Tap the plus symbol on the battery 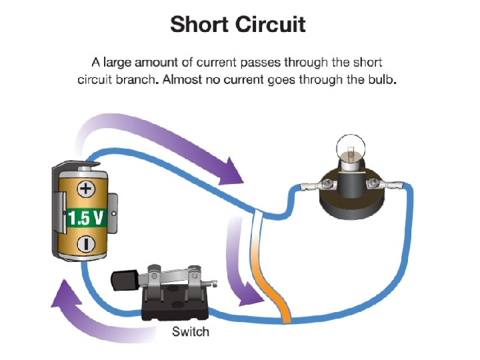(85, 189)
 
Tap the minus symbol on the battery (85, 244)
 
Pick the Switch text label (191, 331)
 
